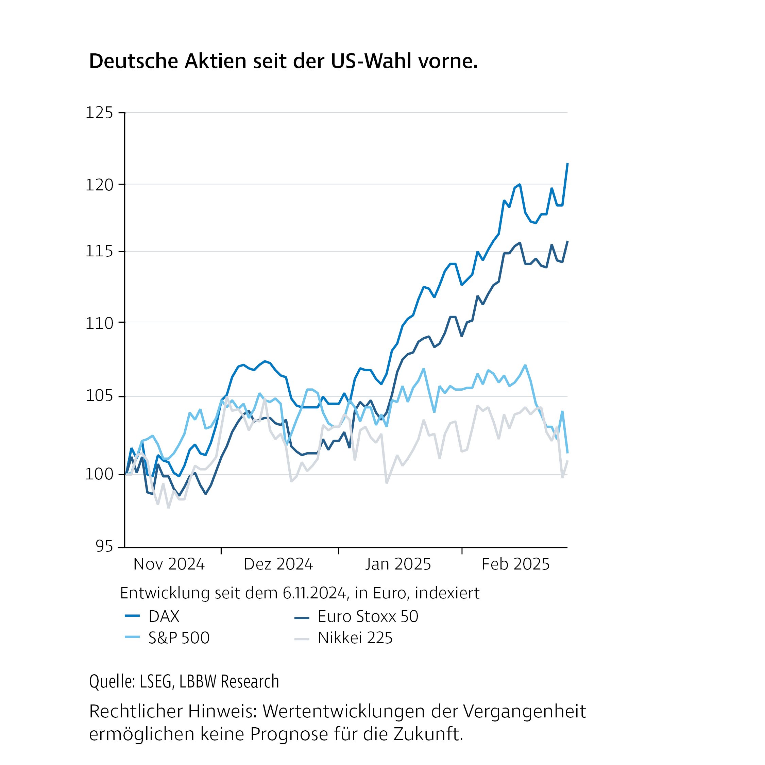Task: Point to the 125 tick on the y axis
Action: [99, 113]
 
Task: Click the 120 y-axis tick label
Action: [99, 185]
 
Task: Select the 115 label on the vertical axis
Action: [99, 252]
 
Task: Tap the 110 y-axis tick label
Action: [99, 324]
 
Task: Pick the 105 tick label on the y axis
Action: [99, 396]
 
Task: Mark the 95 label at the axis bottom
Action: [104, 547]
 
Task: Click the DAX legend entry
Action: [164, 616]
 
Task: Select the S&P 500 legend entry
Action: [178, 638]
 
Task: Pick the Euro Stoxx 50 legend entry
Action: [368, 616]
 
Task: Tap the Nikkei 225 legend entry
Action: [355, 638]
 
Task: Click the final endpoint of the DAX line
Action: [567, 164]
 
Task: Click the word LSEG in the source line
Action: [156, 681]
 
